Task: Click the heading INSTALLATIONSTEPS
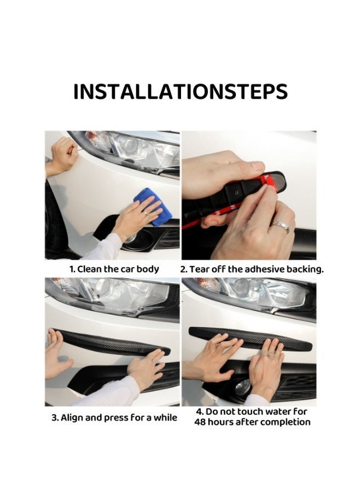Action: [x=180, y=92]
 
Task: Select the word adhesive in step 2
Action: [x=264, y=269]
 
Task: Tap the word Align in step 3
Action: [x=73, y=417]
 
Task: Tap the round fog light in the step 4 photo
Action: [x=242, y=387]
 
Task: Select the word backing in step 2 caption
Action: [x=306, y=269]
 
